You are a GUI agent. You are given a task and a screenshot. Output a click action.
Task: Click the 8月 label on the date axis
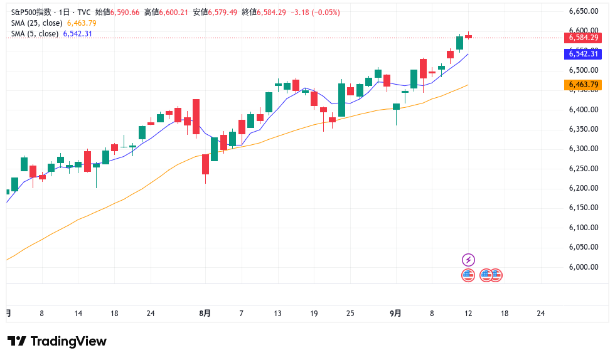coord(205,313)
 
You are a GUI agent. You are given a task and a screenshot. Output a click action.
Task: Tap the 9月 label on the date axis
coord(395,313)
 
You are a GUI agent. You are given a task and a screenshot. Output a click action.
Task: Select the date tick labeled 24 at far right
coord(541,313)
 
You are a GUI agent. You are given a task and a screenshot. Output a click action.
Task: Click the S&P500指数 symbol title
coord(31,12)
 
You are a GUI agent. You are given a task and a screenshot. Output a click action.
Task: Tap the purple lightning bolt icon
coord(468,260)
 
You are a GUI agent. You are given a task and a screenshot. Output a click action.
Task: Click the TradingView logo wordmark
coord(57,341)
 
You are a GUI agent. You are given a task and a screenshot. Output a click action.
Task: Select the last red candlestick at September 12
coord(469,36)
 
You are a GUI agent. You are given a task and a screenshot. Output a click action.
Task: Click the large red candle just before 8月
coord(196,116)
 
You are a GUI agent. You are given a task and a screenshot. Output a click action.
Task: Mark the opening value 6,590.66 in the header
coord(126,12)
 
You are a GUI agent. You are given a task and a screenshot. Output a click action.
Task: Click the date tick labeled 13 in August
coord(277,313)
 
